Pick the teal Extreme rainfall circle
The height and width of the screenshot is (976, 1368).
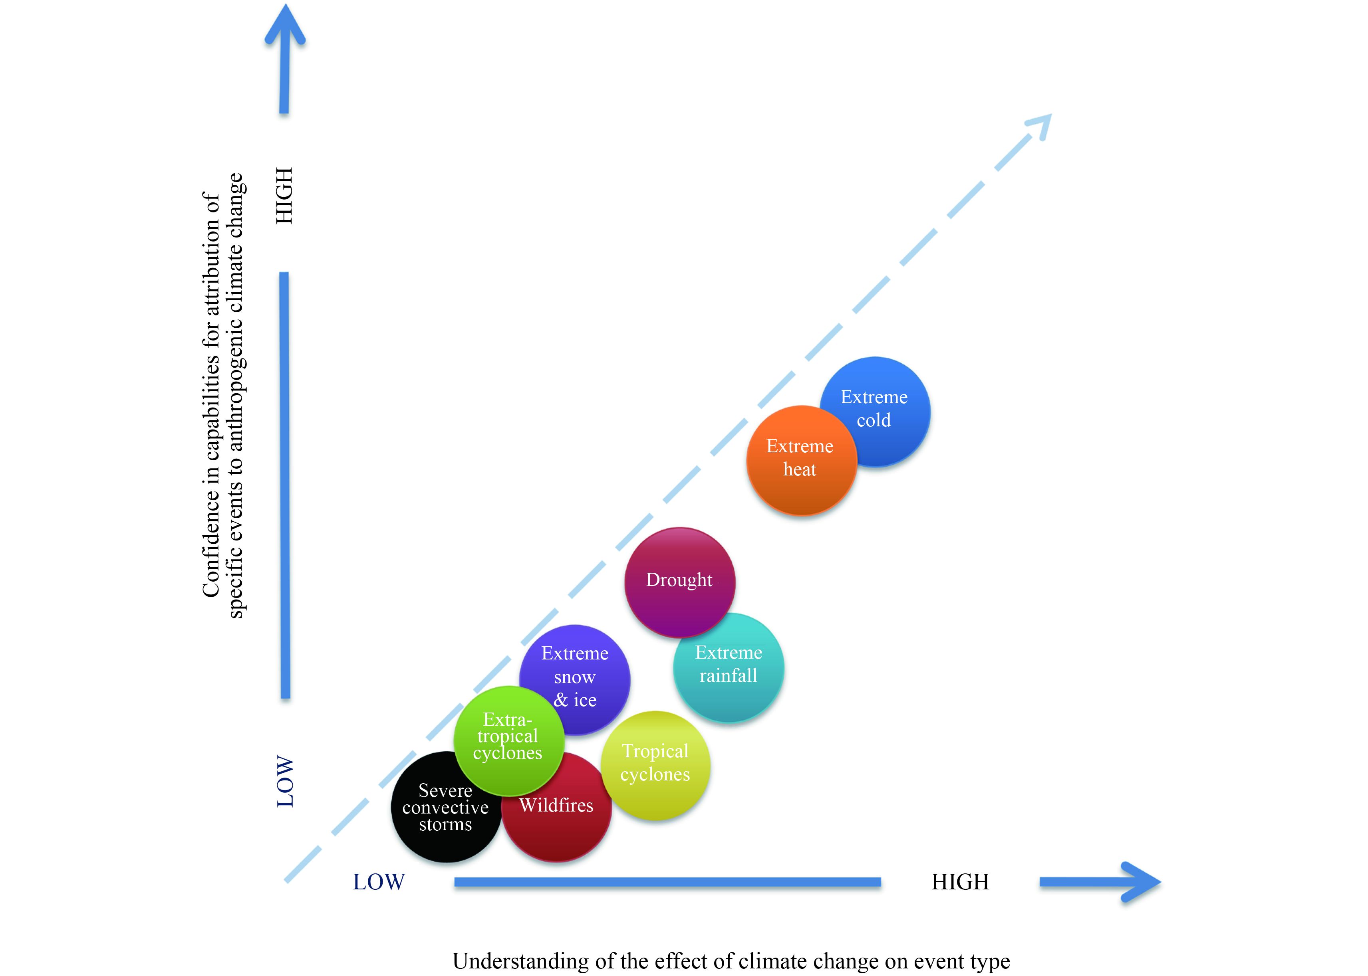point(729,667)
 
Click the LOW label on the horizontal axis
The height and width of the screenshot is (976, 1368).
point(379,882)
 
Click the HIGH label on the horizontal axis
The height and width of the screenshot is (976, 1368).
point(960,882)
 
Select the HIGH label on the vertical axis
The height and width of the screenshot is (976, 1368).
point(284,196)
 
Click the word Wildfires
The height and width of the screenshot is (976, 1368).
point(556,805)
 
